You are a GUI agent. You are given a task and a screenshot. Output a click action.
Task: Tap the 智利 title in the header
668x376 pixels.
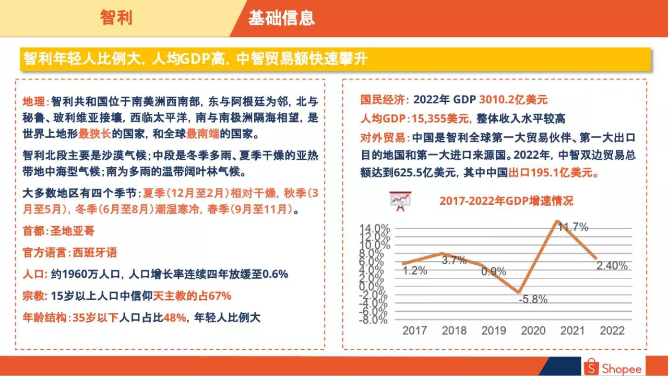pyautogui.click(x=116, y=18)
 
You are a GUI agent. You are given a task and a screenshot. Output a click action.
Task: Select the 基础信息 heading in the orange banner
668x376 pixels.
pyautogui.click(x=281, y=18)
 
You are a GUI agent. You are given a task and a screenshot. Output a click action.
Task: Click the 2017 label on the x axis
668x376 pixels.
pyautogui.click(x=414, y=331)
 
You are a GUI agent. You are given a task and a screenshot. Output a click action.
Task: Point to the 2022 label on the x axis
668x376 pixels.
pyautogui.click(x=612, y=331)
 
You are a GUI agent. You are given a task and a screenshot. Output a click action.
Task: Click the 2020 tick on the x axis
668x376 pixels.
pyautogui.click(x=533, y=331)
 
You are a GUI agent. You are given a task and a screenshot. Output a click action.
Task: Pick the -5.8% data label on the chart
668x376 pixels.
pyautogui.click(x=533, y=299)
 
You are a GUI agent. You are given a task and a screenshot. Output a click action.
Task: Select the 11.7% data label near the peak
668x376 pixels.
pyautogui.click(x=572, y=227)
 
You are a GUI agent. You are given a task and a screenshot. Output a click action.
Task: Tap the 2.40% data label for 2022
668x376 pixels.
pyautogui.click(x=612, y=266)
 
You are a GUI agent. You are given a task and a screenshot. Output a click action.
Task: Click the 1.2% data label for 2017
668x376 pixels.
pyautogui.click(x=415, y=271)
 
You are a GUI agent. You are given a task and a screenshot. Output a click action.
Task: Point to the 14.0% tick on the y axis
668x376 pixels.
pyautogui.click(x=375, y=228)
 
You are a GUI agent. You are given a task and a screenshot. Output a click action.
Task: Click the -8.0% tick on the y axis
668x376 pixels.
pyautogui.click(x=374, y=320)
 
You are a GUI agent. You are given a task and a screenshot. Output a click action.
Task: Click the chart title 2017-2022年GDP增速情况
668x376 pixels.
pyautogui.click(x=506, y=201)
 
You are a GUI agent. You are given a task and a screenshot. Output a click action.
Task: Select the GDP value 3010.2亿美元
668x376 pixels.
pyautogui.click(x=513, y=100)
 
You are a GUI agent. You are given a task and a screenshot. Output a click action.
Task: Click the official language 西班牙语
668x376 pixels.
pyautogui.click(x=94, y=253)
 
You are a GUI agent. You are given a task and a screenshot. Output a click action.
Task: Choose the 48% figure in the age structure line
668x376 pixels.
pyautogui.click(x=175, y=318)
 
